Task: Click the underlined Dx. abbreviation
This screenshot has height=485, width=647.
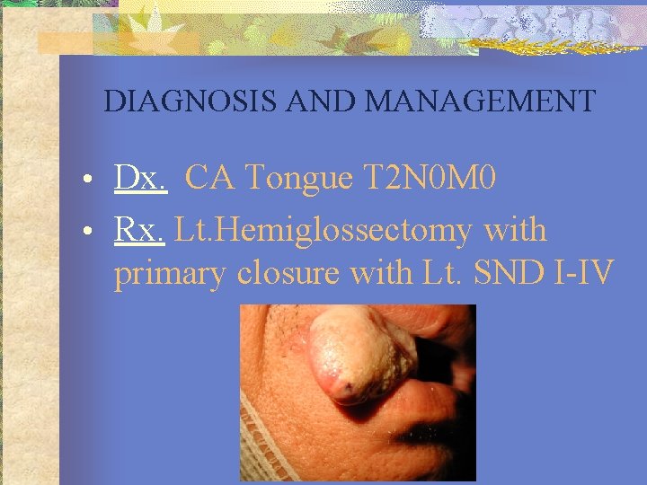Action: tap(140, 179)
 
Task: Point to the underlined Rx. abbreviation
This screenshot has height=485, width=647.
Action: tap(139, 231)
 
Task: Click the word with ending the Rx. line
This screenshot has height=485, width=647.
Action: tap(515, 231)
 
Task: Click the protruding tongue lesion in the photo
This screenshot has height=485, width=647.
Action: tap(359, 355)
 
